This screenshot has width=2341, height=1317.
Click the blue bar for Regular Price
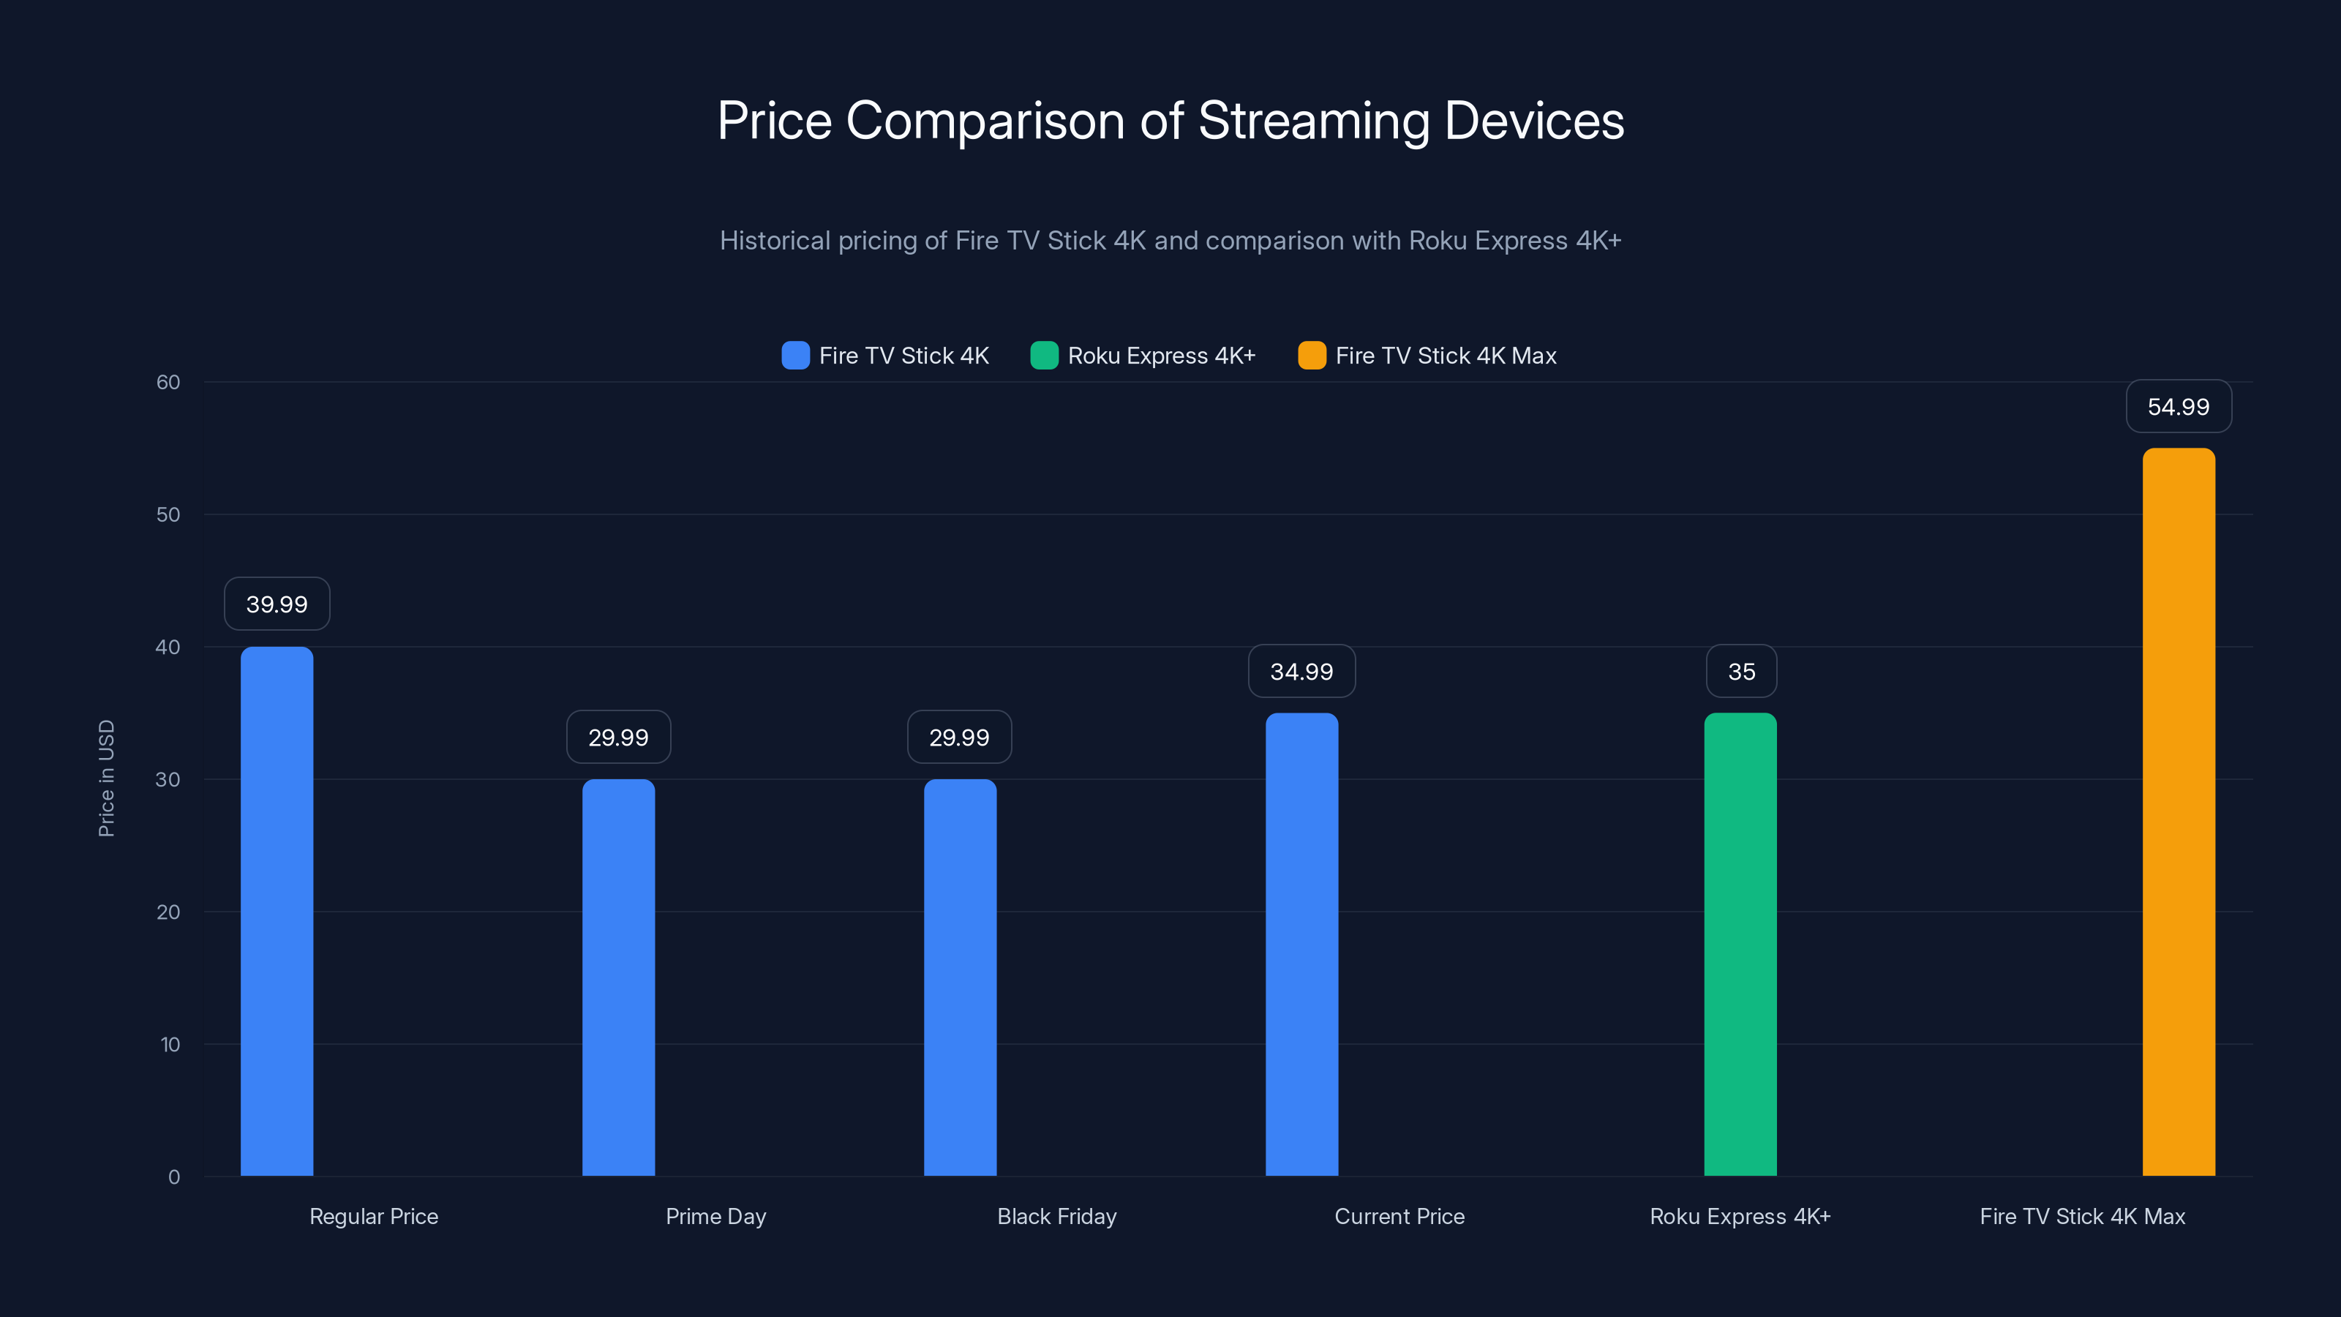point(277,911)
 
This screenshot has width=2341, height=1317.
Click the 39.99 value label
point(277,604)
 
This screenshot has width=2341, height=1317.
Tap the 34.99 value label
point(1301,671)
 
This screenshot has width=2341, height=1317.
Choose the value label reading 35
point(1741,671)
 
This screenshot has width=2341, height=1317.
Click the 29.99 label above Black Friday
point(959,737)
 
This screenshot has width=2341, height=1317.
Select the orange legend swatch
point(1312,356)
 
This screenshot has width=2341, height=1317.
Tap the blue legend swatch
point(795,356)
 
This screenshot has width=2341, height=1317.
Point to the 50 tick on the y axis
point(168,514)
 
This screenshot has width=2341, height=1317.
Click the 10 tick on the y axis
point(170,1044)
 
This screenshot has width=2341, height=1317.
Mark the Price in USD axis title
point(106,778)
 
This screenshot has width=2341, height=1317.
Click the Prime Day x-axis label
point(715,1216)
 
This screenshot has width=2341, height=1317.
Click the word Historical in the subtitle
point(774,240)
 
